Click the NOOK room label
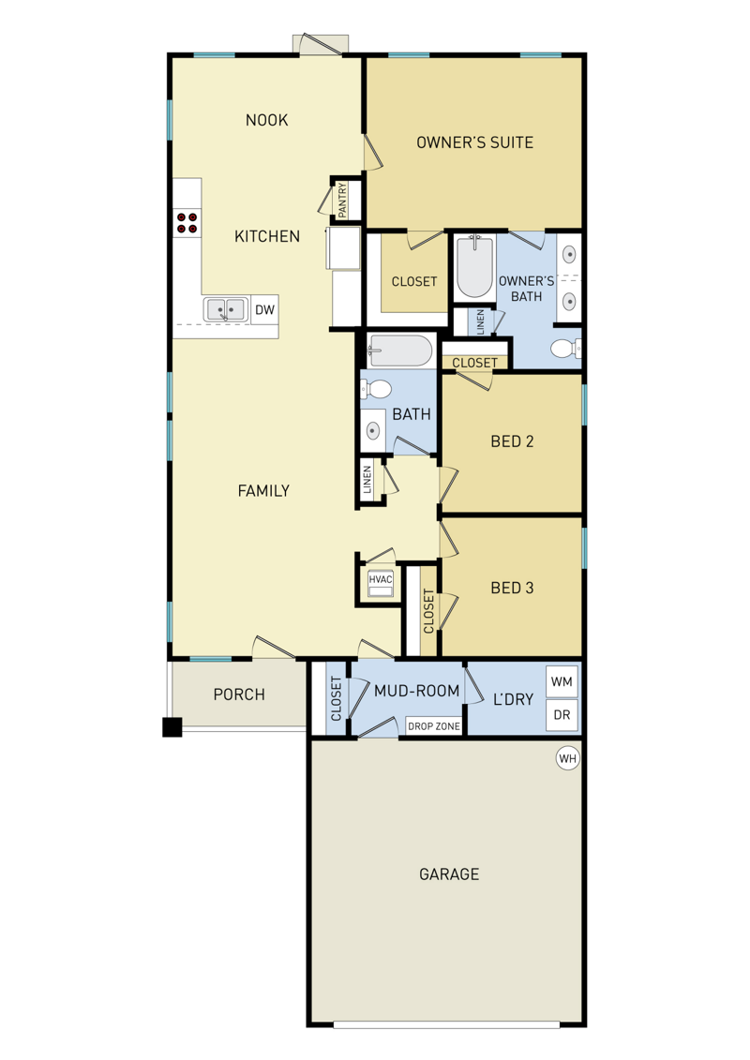pos(266,120)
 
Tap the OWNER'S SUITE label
pos(474,142)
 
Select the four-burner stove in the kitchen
pos(187,223)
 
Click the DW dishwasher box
pos(264,309)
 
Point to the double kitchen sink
pos(225,309)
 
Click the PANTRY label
pos(342,200)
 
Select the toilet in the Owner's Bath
pos(565,349)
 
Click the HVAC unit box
pos(380,585)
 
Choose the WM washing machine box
pos(562,681)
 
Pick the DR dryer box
pos(562,714)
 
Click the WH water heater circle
pos(567,758)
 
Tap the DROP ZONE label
pos(433,726)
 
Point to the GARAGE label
pos(449,874)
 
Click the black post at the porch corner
pos(172,726)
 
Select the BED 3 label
pos(512,589)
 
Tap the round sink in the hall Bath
pos(372,430)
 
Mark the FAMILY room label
pos(263,491)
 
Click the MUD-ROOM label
pos(416,691)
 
